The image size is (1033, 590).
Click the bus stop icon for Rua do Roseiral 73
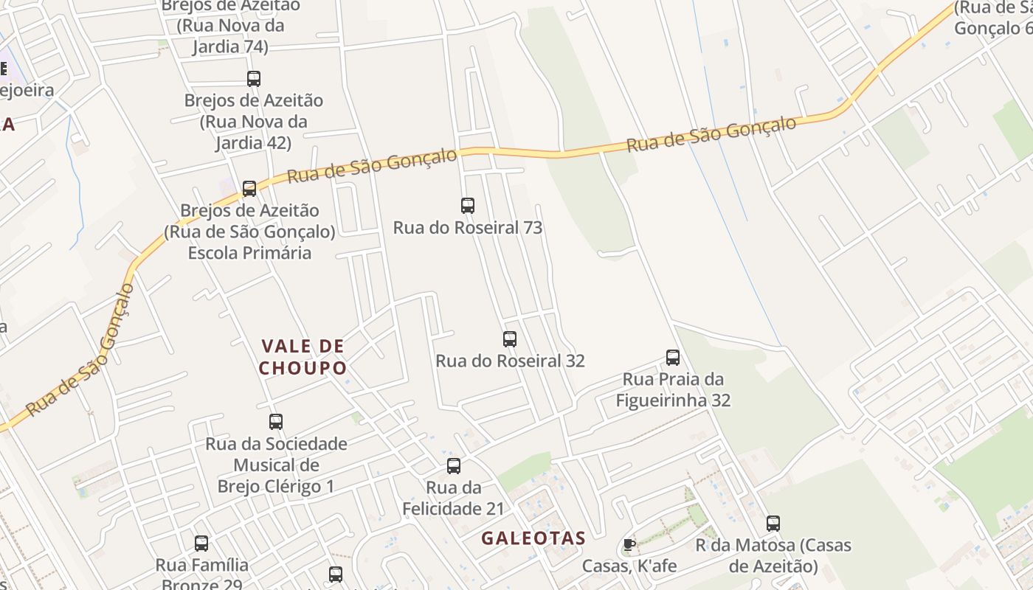click(x=467, y=206)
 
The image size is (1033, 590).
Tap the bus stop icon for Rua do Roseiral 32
click(x=509, y=339)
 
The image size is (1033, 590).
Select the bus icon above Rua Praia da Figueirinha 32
click(x=672, y=358)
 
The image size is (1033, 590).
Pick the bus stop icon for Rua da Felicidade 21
click(x=454, y=466)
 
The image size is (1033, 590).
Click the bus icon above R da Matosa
click(x=773, y=524)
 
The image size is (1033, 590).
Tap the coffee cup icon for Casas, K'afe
click(x=629, y=545)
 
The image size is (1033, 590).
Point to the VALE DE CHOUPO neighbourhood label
click(x=303, y=357)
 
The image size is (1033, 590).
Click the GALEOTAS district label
click(x=533, y=538)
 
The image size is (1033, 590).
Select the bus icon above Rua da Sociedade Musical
click(x=275, y=422)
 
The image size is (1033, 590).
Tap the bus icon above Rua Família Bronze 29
click(x=201, y=544)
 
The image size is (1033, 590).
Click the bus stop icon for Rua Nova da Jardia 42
click(x=254, y=79)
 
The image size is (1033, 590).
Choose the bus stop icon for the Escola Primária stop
click(x=249, y=189)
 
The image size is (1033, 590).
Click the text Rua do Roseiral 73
click(x=467, y=228)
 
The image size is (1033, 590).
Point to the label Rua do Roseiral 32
click(x=510, y=361)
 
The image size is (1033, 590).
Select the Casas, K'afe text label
click(x=629, y=566)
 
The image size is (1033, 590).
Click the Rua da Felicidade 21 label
click(x=454, y=498)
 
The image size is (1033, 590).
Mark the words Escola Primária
click(x=249, y=253)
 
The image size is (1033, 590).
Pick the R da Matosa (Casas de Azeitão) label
click(x=773, y=556)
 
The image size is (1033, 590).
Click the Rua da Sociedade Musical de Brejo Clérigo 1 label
click(x=276, y=465)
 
